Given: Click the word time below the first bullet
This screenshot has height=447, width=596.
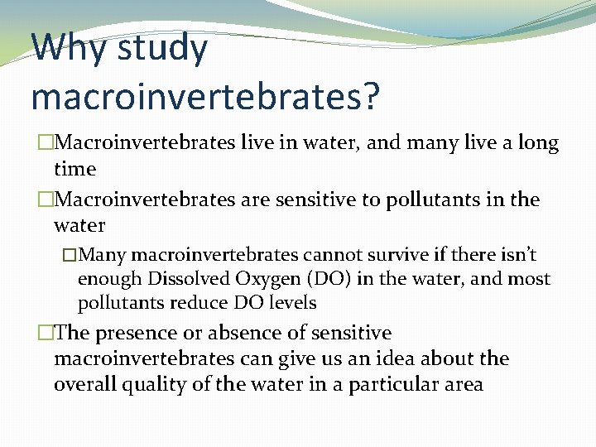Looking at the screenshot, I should (74, 169).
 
